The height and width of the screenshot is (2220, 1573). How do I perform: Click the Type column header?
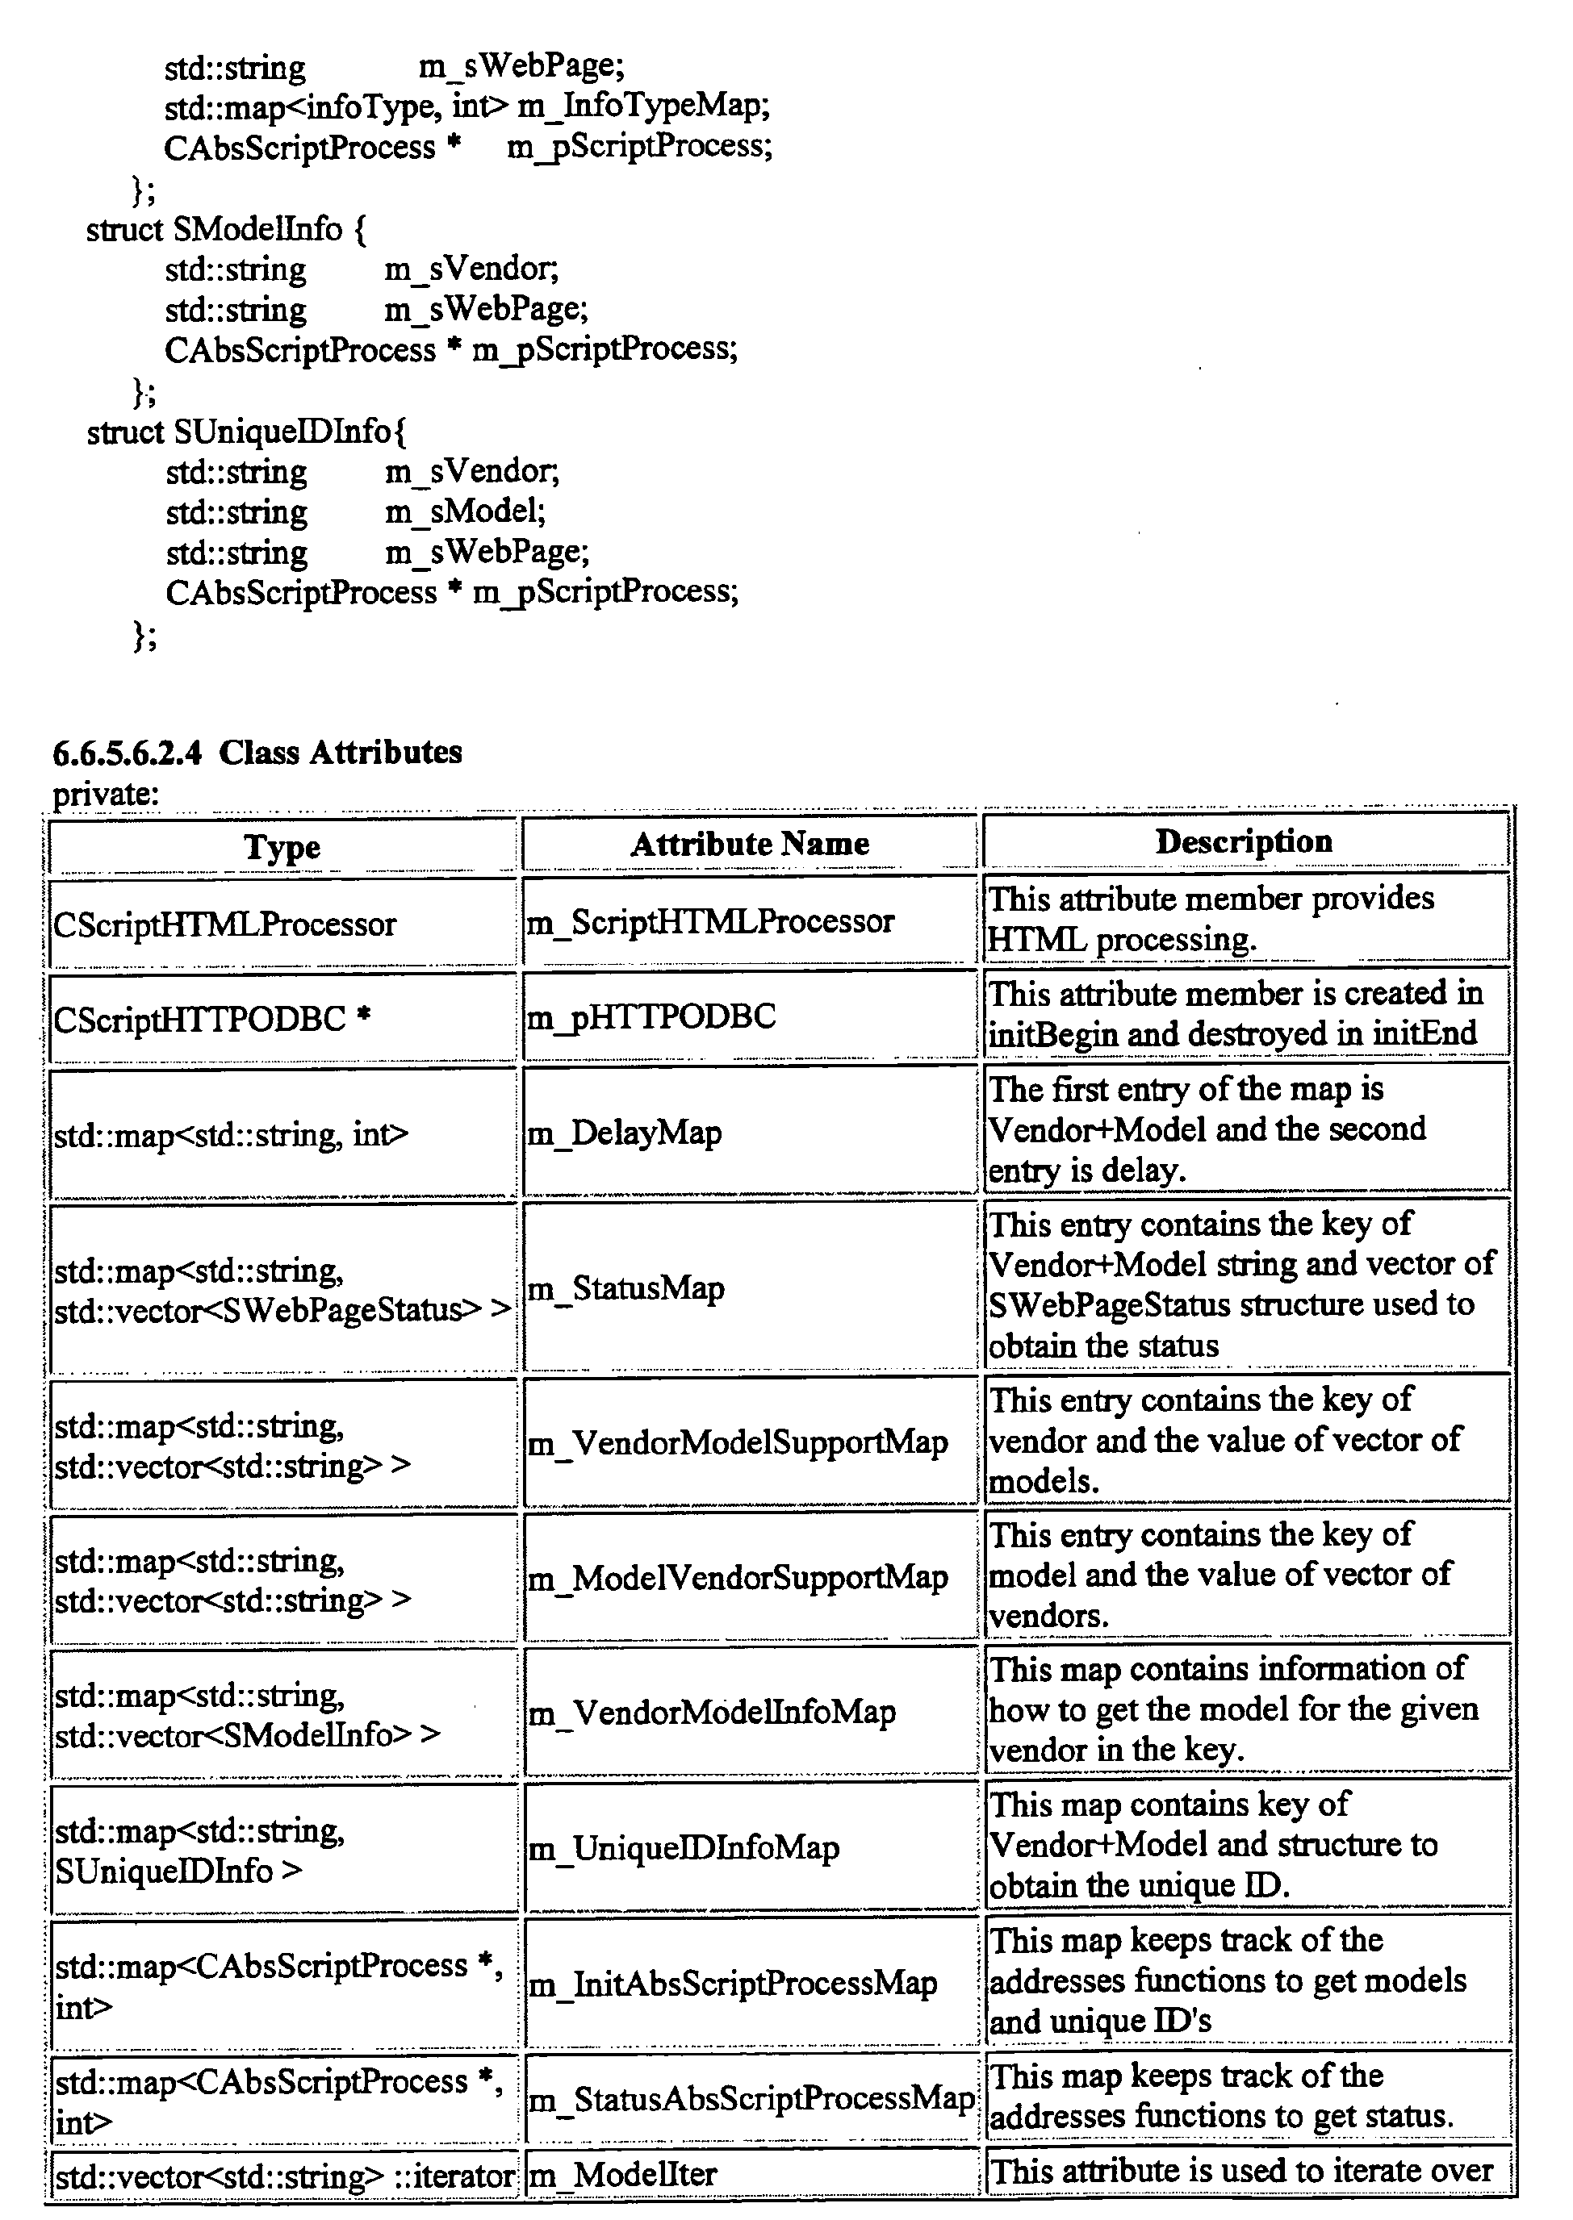click(x=282, y=846)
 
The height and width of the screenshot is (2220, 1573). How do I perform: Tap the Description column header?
click(x=1244, y=841)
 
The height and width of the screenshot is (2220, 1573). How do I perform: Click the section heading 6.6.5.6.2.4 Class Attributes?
click(x=257, y=753)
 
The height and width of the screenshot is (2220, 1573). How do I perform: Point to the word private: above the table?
click(x=106, y=794)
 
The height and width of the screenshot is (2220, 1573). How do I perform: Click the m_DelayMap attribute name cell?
click(x=624, y=1132)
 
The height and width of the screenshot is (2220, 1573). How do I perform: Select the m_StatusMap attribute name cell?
click(x=625, y=1287)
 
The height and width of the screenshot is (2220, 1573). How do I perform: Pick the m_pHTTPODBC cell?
click(x=651, y=1016)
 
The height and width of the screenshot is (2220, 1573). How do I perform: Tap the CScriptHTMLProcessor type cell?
click(x=224, y=924)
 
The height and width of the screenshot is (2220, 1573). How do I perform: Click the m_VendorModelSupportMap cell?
click(x=737, y=1442)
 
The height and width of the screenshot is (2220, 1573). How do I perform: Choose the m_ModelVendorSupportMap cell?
click(x=737, y=1577)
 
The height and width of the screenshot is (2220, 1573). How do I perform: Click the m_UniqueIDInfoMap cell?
click(x=683, y=1847)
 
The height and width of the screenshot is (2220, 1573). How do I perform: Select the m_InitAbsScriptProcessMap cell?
click(x=732, y=1983)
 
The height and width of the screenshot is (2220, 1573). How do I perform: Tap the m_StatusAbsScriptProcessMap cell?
click(x=751, y=2098)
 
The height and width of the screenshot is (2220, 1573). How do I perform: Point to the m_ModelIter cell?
click(x=621, y=2175)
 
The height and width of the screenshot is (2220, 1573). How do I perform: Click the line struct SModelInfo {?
click(x=226, y=229)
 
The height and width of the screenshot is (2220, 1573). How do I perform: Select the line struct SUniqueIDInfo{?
click(x=246, y=431)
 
